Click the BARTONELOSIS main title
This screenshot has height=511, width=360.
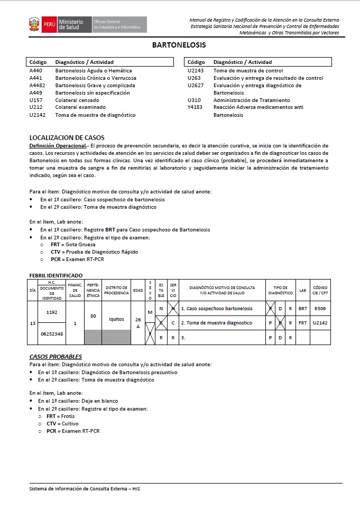pyautogui.click(x=179, y=45)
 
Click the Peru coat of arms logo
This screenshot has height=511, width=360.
pyautogui.click(x=34, y=24)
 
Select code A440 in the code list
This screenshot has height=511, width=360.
pyautogui.click(x=35, y=71)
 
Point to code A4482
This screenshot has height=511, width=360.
pyautogui.click(x=38, y=86)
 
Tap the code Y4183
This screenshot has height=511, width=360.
pyautogui.click(x=196, y=108)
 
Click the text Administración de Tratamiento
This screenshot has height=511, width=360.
pyautogui.click(x=252, y=100)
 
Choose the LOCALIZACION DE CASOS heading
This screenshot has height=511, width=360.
pyautogui.click(x=67, y=138)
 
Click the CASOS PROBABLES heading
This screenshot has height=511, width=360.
pyautogui.click(x=55, y=357)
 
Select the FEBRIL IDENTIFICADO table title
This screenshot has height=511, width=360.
pyautogui.click(x=56, y=275)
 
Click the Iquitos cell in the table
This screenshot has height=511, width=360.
pyautogui.click(x=116, y=319)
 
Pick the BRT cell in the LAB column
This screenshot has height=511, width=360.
pyautogui.click(x=302, y=308)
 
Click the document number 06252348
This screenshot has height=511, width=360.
pyautogui.click(x=51, y=333)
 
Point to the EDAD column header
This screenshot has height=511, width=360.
pyautogui.click(x=138, y=290)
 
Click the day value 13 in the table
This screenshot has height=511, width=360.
pyautogui.click(x=33, y=323)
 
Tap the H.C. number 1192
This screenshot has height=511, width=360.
pyautogui.click(x=51, y=312)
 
